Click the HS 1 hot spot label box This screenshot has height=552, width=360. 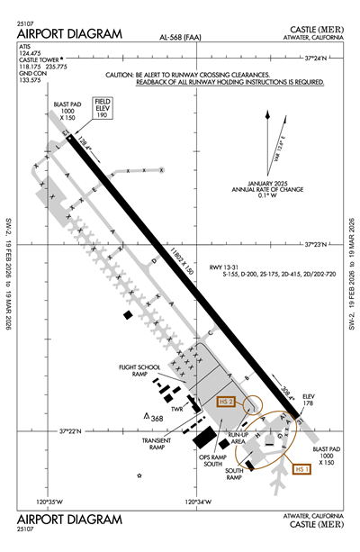tap(302, 468)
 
